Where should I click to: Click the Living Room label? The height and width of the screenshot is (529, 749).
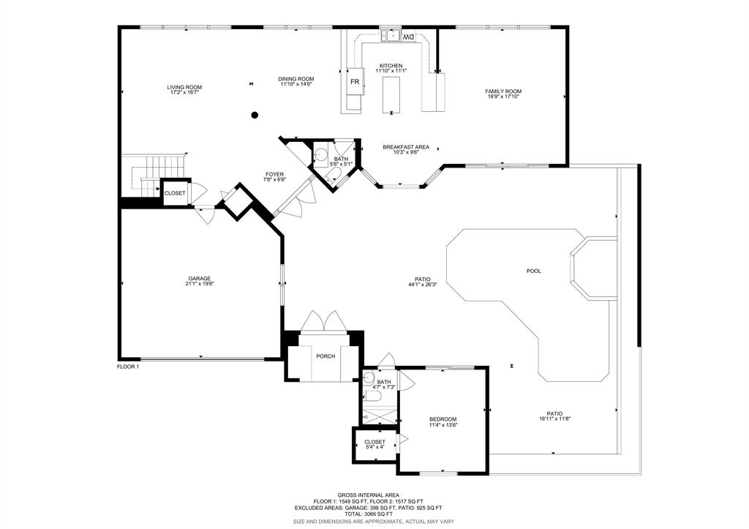184,88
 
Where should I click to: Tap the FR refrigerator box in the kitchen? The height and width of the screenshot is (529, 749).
355,82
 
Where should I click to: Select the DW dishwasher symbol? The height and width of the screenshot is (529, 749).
408,37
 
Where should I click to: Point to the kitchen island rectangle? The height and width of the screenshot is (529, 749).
391,94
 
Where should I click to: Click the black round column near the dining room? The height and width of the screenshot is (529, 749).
255,115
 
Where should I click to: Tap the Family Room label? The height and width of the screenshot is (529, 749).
503,91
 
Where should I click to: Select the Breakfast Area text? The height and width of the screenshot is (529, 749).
406,147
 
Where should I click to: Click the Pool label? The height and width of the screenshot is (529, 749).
533,271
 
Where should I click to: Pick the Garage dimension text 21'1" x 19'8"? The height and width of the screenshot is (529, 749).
200,284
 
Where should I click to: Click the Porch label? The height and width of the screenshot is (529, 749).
325,356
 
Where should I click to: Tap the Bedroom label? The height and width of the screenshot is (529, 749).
443,419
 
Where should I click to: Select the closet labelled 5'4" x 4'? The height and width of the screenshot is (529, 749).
375,444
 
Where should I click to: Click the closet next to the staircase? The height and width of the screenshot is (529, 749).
175,193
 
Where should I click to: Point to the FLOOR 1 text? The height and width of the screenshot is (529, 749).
128,367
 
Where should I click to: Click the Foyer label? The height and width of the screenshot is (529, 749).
275,174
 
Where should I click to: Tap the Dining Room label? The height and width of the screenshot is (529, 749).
296,79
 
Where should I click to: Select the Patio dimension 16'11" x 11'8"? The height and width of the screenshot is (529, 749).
554,419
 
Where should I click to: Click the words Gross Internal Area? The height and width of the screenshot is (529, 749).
369,495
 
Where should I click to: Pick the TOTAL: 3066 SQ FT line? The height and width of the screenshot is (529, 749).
369,514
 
